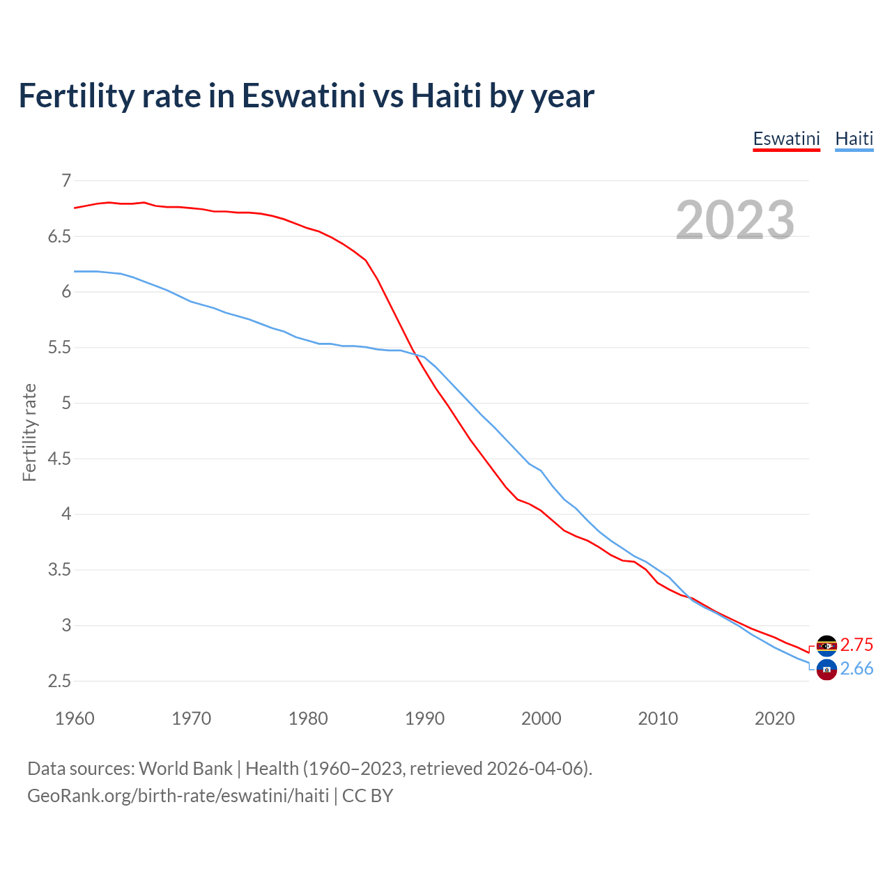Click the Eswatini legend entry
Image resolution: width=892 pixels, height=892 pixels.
point(786,139)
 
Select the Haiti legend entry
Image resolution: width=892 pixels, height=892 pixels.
point(854,139)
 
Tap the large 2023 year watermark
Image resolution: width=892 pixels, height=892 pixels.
point(735,220)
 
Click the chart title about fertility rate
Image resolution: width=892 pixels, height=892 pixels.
point(306,95)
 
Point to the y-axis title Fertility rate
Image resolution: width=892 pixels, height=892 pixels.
point(29,432)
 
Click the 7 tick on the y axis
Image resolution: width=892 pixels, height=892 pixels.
point(66,181)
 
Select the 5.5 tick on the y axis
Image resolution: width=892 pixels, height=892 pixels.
point(59,348)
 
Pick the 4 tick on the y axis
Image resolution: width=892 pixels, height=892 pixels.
point(66,514)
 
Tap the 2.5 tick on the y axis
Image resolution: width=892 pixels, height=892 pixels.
point(59,681)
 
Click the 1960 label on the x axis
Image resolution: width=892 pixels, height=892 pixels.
point(75,718)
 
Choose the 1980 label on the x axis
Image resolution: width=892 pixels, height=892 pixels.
point(308,718)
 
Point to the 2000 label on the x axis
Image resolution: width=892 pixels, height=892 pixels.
point(541,718)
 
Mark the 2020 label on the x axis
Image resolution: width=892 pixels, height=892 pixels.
point(774,718)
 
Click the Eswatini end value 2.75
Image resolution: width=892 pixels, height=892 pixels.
point(856,645)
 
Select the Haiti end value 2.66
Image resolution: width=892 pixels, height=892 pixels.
point(856,669)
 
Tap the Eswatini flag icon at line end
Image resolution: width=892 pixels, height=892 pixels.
point(826,646)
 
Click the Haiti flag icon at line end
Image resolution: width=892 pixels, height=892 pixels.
point(826,670)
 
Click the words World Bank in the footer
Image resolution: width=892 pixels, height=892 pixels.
point(185,769)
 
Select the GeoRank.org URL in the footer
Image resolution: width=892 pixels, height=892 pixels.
point(178,796)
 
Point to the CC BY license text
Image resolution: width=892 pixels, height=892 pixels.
point(367,796)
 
